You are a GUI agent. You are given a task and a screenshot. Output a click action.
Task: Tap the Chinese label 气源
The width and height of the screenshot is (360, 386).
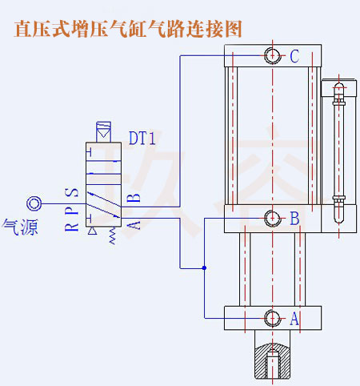pyautogui.click(x=20, y=226)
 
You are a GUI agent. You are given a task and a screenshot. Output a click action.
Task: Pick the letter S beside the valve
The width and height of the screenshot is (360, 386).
pyautogui.click(x=71, y=193)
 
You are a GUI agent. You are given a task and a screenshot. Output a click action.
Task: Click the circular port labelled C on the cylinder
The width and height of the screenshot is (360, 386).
pyautogui.click(x=273, y=56)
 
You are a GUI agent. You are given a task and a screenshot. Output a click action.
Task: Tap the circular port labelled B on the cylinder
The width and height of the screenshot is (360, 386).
pyautogui.click(x=273, y=218)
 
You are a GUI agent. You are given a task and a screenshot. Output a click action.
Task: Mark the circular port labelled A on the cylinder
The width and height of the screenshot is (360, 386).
pyautogui.click(x=273, y=318)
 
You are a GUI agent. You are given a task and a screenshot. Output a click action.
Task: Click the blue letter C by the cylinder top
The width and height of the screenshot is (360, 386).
pyautogui.click(x=294, y=56)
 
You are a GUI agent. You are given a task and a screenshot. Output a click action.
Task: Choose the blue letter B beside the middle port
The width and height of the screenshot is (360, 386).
pyautogui.click(x=294, y=218)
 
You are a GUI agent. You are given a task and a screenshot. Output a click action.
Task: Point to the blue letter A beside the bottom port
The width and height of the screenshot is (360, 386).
pyautogui.click(x=294, y=318)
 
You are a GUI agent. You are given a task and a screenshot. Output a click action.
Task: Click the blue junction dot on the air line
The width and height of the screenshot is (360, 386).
pyautogui.click(x=206, y=267)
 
